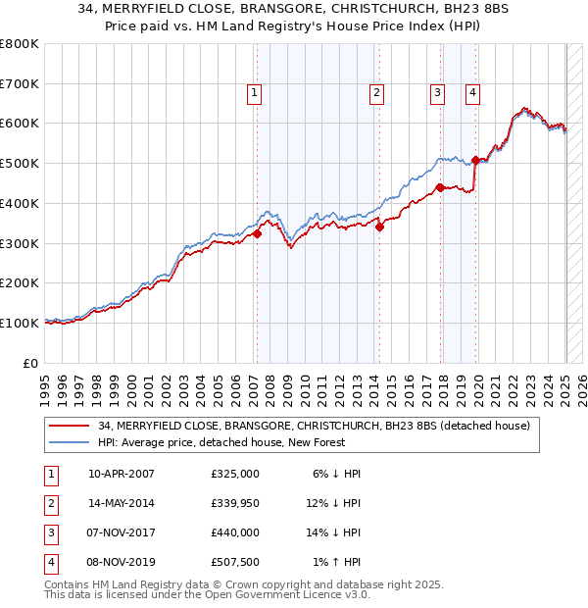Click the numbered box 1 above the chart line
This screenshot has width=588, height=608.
click(x=255, y=93)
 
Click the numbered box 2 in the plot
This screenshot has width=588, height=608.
click(x=376, y=93)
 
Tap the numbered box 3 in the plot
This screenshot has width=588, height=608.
click(x=437, y=93)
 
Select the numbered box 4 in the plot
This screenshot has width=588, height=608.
click(x=472, y=93)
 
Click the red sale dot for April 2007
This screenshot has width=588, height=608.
click(x=257, y=233)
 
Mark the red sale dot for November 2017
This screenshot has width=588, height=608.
click(x=440, y=187)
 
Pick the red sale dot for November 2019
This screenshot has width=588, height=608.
click(x=475, y=160)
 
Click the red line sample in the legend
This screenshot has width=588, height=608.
click(x=71, y=426)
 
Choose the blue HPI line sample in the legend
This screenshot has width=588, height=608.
click(x=71, y=442)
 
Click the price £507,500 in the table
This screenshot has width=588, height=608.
click(x=234, y=563)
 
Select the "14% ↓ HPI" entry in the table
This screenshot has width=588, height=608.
click(x=334, y=532)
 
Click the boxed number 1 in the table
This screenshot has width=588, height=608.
click(x=50, y=474)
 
